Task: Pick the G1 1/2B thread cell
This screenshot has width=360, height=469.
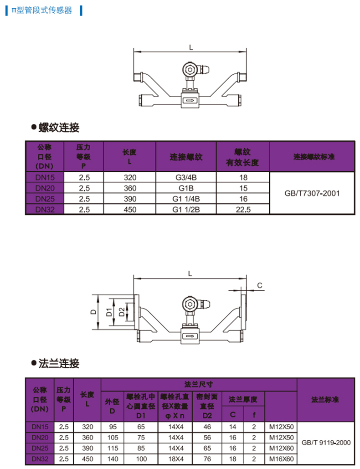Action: (x=186, y=209)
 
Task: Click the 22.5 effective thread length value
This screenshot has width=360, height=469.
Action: (x=242, y=209)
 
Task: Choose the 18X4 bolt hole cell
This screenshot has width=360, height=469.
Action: (x=175, y=459)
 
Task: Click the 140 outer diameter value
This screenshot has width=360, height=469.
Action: (x=112, y=459)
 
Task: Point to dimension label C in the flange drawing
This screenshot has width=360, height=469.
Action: (x=259, y=286)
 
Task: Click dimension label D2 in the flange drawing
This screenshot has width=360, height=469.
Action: (x=121, y=312)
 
